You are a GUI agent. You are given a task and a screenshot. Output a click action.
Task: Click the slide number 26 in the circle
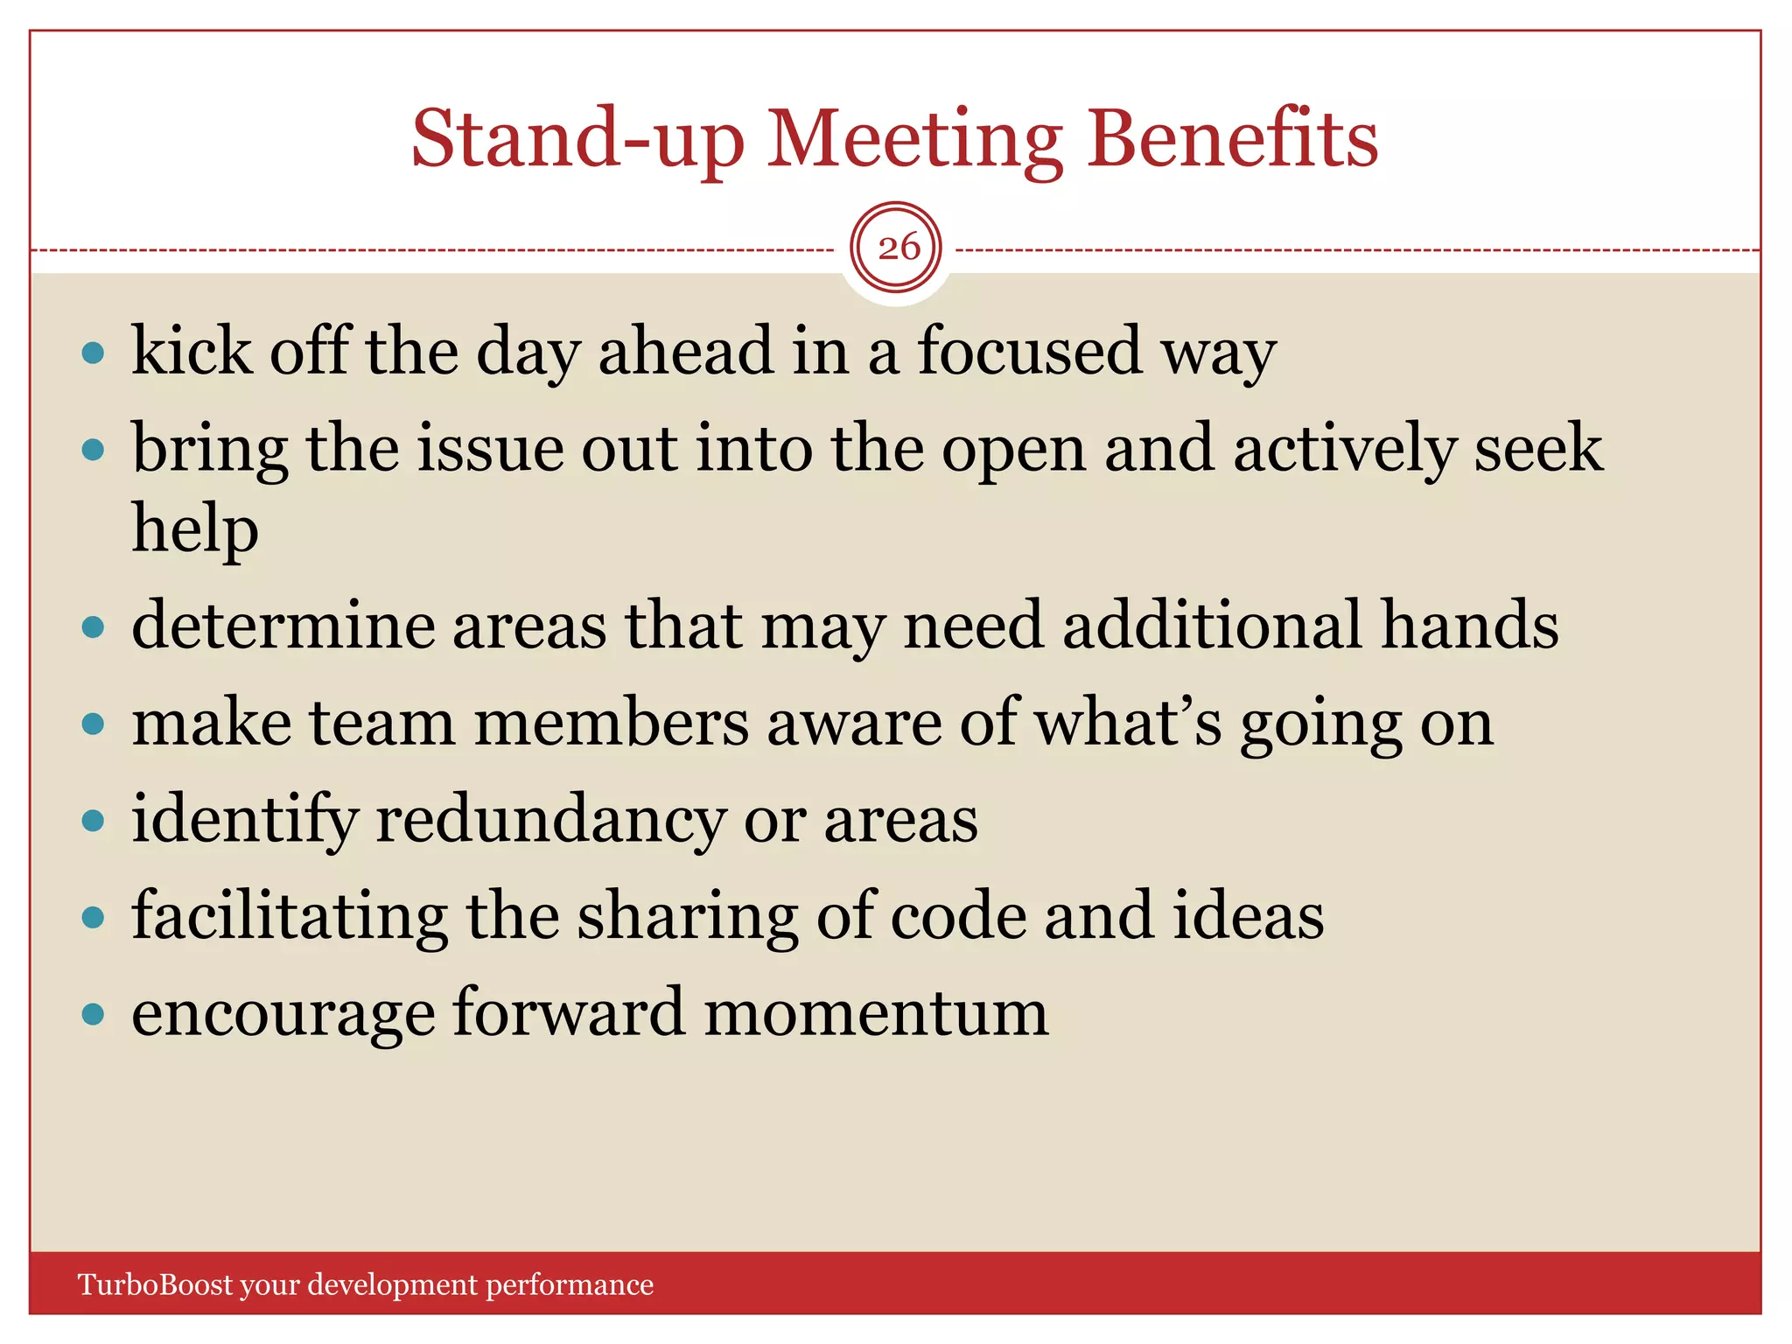[x=898, y=248]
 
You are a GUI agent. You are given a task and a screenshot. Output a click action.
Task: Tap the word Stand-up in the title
[x=577, y=140]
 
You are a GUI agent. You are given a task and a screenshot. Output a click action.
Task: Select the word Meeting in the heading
[x=914, y=140]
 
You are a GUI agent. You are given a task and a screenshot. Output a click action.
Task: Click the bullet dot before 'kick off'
[x=93, y=353]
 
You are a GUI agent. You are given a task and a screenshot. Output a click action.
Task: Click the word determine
[x=283, y=626]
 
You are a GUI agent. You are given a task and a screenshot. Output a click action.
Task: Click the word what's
[x=1127, y=723]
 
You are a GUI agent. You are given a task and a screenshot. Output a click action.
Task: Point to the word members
[x=611, y=723]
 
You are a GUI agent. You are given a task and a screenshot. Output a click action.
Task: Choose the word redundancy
[x=549, y=821]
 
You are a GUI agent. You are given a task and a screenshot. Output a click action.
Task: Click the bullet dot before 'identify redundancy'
[x=93, y=821]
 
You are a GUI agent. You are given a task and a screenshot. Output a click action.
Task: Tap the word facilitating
[x=289, y=917]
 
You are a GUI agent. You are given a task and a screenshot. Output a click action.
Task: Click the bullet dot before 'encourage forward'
[x=93, y=1014]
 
